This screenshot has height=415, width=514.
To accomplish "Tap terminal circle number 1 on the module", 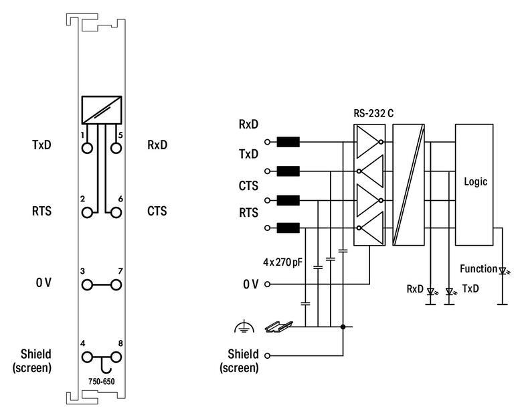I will click(87, 149).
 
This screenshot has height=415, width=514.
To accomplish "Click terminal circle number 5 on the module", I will click(116, 149).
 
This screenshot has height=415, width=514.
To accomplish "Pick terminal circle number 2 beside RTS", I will click(87, 213).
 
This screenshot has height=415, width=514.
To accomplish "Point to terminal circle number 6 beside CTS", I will click(116, 213).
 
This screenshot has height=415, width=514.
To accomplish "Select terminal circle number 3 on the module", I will click(87, 285).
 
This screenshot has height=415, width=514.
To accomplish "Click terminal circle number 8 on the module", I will click(116, 357).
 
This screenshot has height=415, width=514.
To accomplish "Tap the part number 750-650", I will click(101, 381).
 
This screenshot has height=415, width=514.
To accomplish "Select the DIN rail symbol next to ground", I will click(277, 327).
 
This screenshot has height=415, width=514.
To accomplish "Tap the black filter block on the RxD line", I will click(288, 142).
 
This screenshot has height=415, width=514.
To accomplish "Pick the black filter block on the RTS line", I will click(288, 228).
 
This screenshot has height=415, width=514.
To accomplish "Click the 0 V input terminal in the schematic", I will click(268, 284).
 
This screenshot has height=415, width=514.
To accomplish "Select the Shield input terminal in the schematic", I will click(268, 355).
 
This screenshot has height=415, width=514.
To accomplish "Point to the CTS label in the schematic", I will click(248, 185).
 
